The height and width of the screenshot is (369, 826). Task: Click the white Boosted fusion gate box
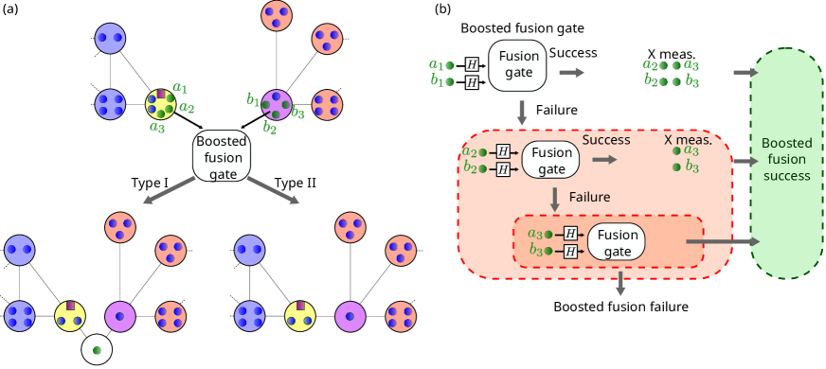tap(221, 156)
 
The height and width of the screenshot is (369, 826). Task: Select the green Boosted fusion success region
tap(786, 162)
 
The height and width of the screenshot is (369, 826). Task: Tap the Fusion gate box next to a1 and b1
tap(517, 64)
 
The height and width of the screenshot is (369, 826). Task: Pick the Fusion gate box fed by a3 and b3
tap(616, 242)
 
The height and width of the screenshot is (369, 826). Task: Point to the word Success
tap(606, 139)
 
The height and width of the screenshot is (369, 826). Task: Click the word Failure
tap(589, 197)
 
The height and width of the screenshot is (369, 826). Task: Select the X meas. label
tap(688, 139)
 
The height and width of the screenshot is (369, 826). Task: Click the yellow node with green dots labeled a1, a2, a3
tap(160, 103)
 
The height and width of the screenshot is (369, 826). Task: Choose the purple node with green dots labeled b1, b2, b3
tap(276, 104)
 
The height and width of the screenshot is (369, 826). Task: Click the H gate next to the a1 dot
tap(472, 64)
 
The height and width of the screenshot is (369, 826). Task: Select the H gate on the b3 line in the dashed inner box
tap(570, 251)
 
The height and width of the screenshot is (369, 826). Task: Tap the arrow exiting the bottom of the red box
tap(620, 284)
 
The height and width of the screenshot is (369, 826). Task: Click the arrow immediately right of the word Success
tap(604, 160)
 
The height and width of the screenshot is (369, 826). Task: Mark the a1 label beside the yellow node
tap(180, 87)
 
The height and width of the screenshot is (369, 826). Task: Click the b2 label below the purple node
tap(270, 126)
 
